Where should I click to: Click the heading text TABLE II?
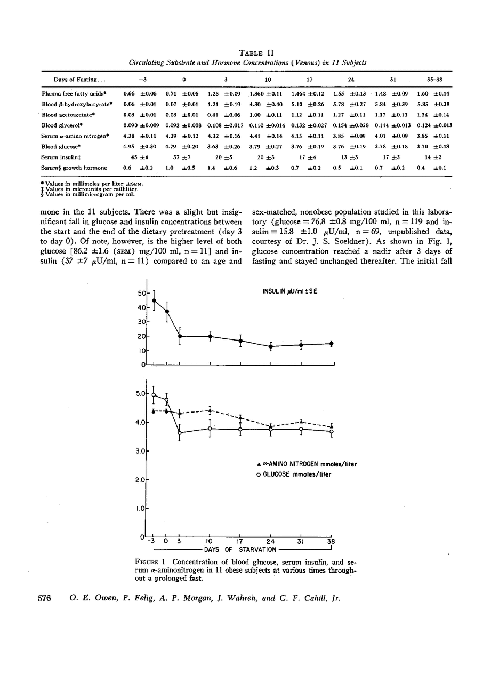[249, 52]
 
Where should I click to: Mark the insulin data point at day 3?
[180, 336]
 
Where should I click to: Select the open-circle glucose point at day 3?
[180, 433]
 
